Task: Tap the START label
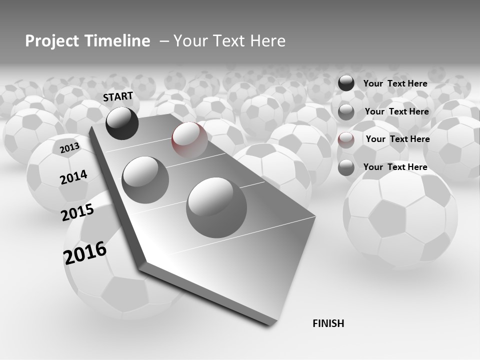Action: click(x=118, y=96)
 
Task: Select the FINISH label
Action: click(x=328, y=323)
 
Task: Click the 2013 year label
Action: click(x=69, y=148)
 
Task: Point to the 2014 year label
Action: click(x=73, y=177)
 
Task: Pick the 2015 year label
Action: click(x=77, y=212)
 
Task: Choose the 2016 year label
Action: click(x=85, y=252)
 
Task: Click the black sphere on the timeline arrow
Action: click(x=122, y=123)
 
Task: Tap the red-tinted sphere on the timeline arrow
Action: click(x=189, y=139)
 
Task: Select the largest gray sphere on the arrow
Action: click(x=216, y=207)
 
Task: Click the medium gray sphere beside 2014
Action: click(x=145, y=179)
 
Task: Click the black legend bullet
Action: click(x=346, y=83)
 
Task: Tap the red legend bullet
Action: click(x=346, y=139)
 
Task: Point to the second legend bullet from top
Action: click(x=346, y=112)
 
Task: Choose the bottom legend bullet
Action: click(x=346, y=167)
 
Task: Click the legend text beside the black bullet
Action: click(x=395, y=83)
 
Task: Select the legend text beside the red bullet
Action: click(x=397, y=139)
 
